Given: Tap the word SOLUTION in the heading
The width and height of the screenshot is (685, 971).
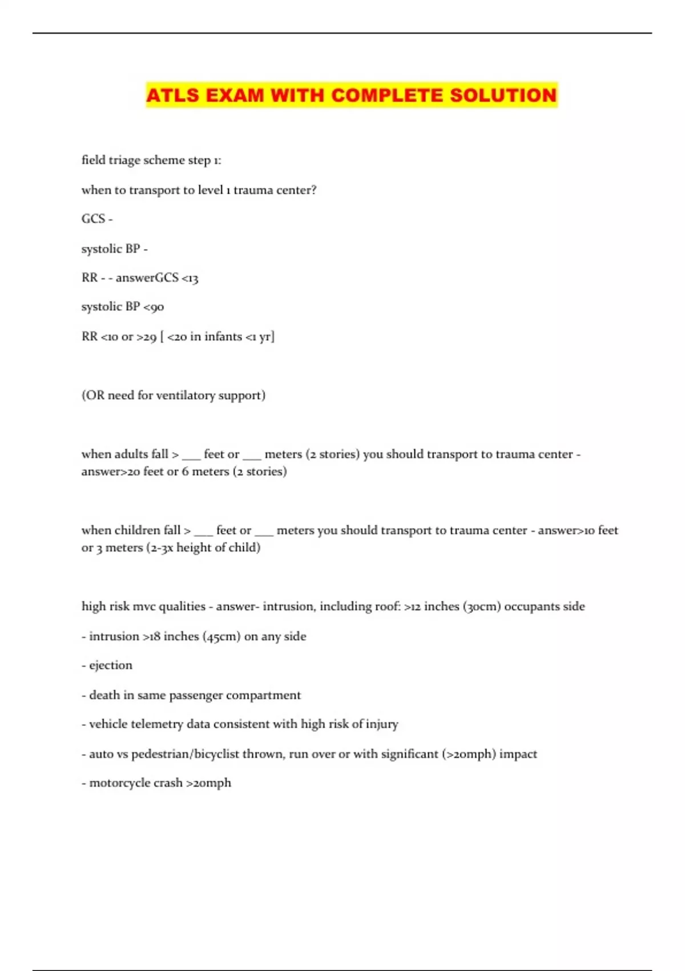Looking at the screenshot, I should point(503,95).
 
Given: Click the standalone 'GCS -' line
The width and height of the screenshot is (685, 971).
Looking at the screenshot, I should point(97,219).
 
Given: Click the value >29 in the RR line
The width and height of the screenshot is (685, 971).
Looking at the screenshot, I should point(146,336).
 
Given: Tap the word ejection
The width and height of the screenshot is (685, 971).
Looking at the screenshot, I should point(110,665).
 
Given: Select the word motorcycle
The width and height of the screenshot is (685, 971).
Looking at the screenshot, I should point(119,783).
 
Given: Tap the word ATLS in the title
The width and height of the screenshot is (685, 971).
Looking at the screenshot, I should point(172,95).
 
